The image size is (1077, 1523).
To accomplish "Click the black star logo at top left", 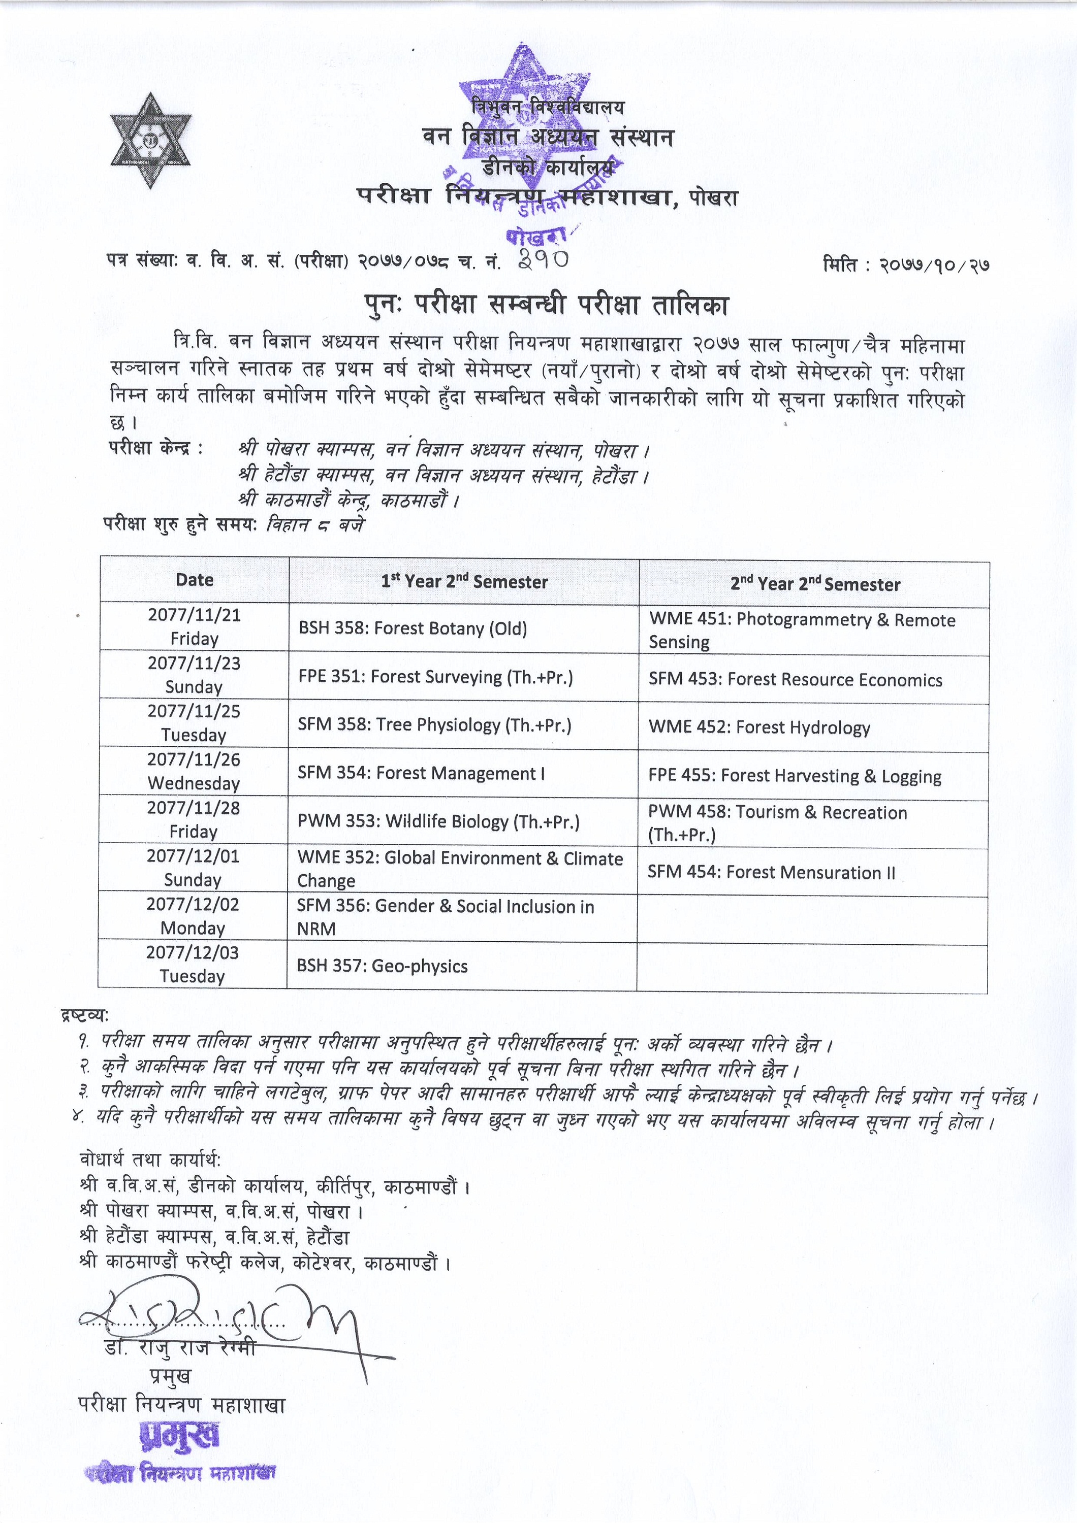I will coord(152,141).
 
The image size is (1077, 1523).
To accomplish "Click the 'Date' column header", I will coord(195,580).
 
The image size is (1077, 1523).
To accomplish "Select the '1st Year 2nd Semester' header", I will coord(464,582).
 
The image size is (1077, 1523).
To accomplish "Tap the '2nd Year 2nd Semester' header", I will coord(815,584).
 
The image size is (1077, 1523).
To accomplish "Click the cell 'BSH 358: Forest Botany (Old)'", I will coord(413,628).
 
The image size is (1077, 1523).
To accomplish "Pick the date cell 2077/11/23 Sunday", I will coord(194,675).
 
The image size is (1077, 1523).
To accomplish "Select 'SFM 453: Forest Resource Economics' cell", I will coord(795,680).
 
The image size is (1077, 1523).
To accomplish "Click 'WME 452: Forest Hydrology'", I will coord(759,727).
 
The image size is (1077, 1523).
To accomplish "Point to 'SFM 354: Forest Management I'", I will coord(421,774).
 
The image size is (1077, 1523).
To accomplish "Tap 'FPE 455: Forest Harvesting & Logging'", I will coord(795,776).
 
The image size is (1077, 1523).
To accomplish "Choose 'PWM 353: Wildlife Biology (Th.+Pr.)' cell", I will coord(438,822).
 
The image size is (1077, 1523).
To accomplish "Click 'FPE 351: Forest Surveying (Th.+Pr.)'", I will coord(435,677).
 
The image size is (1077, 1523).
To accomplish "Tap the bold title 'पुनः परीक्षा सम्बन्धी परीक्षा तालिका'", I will coord(546,305).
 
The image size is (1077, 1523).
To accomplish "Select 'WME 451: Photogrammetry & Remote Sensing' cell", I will coord(802,630).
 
